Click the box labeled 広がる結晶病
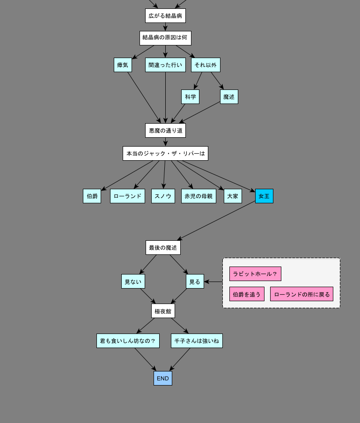coord(165,16)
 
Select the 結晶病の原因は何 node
coord(165,38)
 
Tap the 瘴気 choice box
coord(123,65)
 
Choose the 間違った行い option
coord(165,65)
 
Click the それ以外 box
coord(206,65)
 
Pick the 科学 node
coord(190,97)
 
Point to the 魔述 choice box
coord(229,97)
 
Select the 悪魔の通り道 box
coord(165,131)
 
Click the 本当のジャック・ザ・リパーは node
coord(165,154)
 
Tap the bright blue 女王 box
coord(264,196)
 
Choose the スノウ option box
coord(163,196)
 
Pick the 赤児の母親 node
coord(198,196)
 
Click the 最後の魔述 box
coord(163,248)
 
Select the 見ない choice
coord(133,282)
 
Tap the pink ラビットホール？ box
coord(255,274)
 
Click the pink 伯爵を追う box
coord(247,294)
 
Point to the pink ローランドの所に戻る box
coord(301,294)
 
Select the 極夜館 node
coord(163,311)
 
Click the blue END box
coord(163,378)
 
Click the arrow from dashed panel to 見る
coord(213,282)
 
